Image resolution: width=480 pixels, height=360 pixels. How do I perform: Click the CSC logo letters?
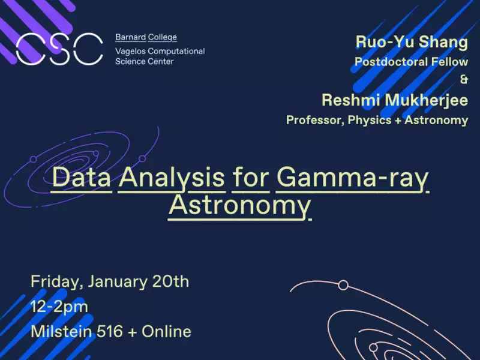(x=59, y=49)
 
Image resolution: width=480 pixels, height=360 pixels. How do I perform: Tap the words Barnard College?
(x=146, y=37)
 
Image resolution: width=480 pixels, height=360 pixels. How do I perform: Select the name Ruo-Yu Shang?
(x=412, y=42)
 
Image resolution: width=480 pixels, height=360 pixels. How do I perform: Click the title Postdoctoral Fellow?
(x=412, y=62)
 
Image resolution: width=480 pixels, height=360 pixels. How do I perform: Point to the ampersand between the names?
(x=464, y=79)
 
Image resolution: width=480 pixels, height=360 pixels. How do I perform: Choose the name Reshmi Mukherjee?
(x=395, y=100)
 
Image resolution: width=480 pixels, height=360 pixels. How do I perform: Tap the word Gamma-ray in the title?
(x=352, y=178)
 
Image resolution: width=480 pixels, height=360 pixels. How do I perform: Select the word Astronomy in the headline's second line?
(x=239, y=206)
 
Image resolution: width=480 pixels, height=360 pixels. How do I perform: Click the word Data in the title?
(x=82, y=177)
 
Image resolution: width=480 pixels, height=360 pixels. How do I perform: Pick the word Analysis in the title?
(x=172, y=178)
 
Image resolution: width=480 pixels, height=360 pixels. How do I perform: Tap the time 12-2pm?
(x=59, y=307)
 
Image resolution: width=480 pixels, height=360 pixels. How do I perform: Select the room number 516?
(x=109, y=331)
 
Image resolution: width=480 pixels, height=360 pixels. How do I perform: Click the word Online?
(x=167, y=331)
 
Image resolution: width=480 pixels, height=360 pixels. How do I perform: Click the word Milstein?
(x=61, y=331)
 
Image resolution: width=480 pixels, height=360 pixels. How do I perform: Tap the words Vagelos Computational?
(x=160, y=51)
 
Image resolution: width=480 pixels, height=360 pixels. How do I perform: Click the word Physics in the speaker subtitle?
(x=370, y=120)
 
